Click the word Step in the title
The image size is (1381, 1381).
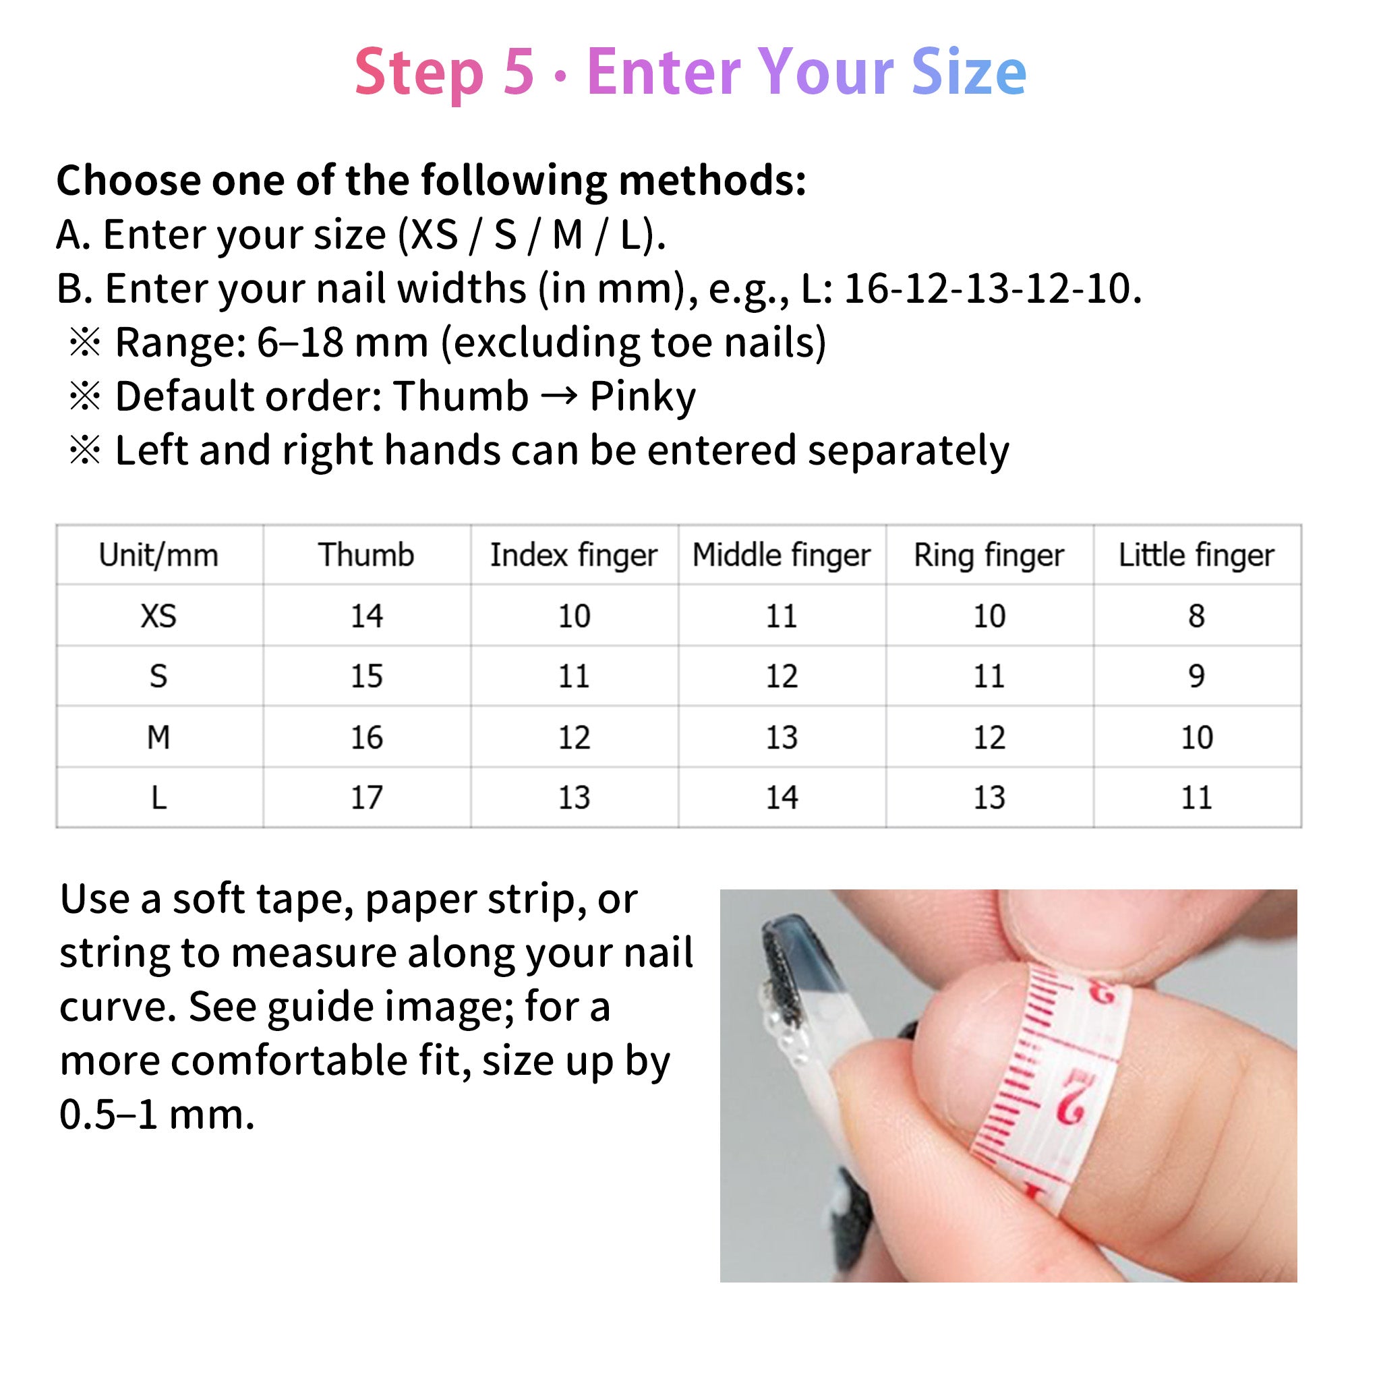pyautogui.click(x=419, y=73)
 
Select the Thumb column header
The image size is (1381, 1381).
pyautogui.click(x=366, y=556)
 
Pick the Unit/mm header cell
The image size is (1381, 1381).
pyautogui.click(x=158, y=556)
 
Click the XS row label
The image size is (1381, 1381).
pyautogui.click(x=158, y=616)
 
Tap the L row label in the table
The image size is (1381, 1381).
pyautogui.click(x=158, y=798)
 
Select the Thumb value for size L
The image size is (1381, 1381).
pyautogui.click(x=366, y=798)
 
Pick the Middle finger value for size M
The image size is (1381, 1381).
pyautogui.click(x=782, y=738)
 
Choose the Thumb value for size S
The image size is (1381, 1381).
pyautogui.click(x=366, y=676)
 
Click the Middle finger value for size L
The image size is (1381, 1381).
pyautogui.click(x=782, y=798)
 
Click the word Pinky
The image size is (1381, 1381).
pyautogui.click(x=642, y=396)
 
